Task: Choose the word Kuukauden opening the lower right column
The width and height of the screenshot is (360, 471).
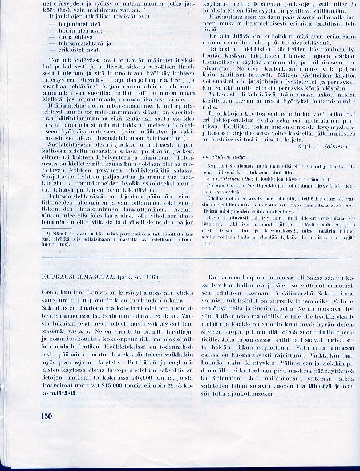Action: pos(221,277)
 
